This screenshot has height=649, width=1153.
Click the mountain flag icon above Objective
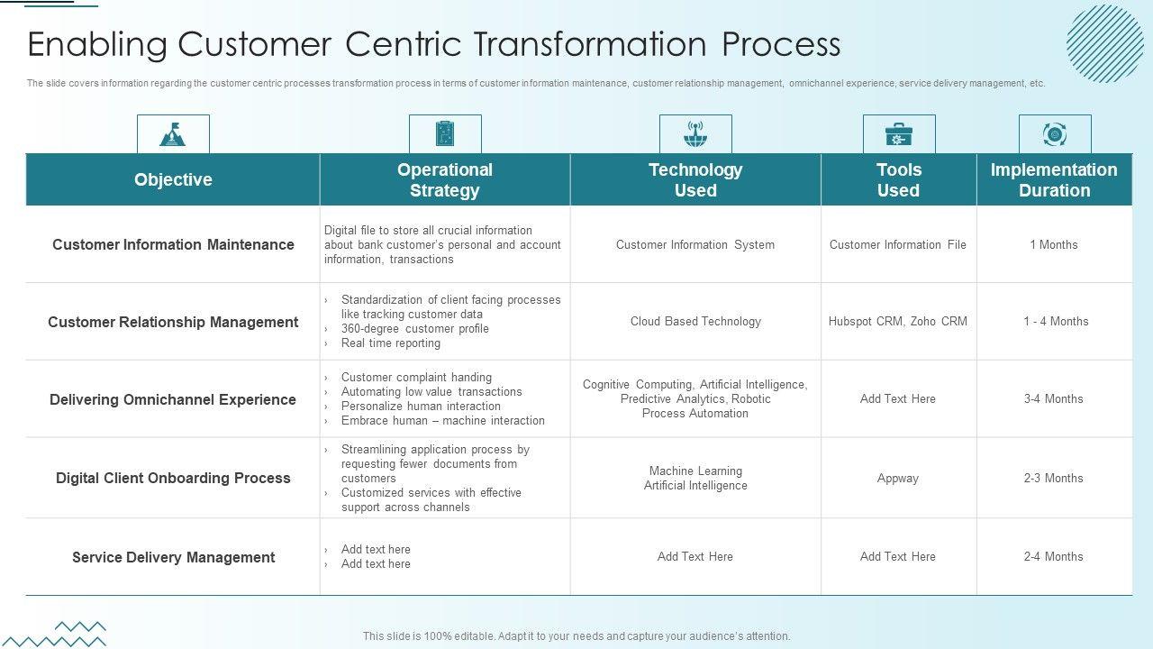point(173,134)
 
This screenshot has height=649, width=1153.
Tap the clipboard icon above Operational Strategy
point(445,134)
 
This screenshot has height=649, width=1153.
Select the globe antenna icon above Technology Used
point(695,134)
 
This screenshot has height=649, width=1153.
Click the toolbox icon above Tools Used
point(899,134)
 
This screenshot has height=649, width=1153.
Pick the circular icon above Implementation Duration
point(1055,134)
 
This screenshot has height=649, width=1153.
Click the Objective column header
point(173,179)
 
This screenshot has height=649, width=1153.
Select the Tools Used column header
point(899,179)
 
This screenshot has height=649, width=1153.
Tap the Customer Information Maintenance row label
point(173,244)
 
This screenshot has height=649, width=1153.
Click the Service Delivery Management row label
point(173,557)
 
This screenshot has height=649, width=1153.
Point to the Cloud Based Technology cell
point(695,321)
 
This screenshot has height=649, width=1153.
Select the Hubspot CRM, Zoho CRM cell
point(898,321)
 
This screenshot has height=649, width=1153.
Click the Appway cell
point(898,478)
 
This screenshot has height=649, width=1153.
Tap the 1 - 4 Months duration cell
point(1056,321)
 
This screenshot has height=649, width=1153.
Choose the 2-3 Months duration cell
point(1054,478)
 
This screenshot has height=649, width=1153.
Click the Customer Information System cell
point(695,244)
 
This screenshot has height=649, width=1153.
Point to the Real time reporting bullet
point(391,343)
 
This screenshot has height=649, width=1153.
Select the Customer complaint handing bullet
point(416,377)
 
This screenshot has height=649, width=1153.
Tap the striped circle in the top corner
point(1104,43)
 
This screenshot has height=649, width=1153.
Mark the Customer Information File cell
point(898,244)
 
